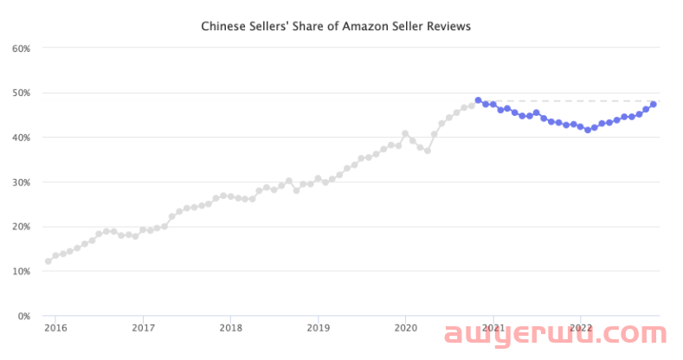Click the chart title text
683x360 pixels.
click(x=336, y=27)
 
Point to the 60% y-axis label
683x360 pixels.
click(x=22, y=48)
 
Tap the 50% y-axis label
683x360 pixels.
click(x=22, y=93)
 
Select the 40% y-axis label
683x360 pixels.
click(x=22, y=138)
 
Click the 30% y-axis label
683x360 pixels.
click(x=22, y=182)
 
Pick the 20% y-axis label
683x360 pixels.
click(x=22, y=227)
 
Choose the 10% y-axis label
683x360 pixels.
click(x=22, y=271)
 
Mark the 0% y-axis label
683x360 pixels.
click(x=24, y=316)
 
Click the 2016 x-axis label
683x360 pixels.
click(x=55, y=328)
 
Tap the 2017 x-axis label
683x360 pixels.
click(x=143, y=328)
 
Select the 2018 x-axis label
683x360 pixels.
click(x=230, y=328)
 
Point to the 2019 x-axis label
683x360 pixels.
click(x=318, y=328)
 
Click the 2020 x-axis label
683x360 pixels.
click(x=406, y=328)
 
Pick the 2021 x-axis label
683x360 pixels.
click(x=493, y=328)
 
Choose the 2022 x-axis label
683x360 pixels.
click(x=581, y=328)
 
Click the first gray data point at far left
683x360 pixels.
click(x=48, y=261)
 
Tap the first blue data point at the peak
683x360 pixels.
click(x=478, y=100)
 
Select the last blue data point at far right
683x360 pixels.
click(x=653, y=105)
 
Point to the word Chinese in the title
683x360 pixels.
click(x=223, y=27)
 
